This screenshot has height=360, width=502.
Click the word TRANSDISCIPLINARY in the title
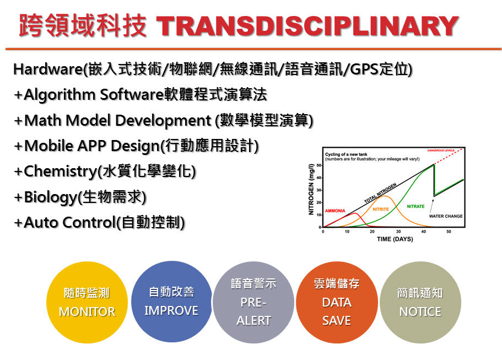(307, 26)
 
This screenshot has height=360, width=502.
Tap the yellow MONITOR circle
(87, 302)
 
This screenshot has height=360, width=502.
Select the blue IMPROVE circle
(171, 302)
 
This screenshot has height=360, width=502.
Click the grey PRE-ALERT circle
(253, 302)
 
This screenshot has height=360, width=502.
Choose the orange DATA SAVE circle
(337, 302)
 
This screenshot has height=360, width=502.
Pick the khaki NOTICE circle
(420, 302)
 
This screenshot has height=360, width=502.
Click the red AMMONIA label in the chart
(335, 211)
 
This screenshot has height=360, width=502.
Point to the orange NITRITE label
(381, 209)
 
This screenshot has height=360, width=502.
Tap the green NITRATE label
(415, 206)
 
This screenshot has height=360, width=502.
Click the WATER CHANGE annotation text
(446, 216)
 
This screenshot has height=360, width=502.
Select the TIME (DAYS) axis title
(395, 239)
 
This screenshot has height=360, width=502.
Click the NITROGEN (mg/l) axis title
(311, 189)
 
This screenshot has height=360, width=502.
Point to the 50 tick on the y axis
(319, 165)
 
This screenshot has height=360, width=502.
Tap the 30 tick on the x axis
(398, 231)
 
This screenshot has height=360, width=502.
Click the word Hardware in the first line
(48, 69)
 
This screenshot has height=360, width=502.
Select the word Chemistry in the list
(61, 171)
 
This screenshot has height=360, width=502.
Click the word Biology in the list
(51, 197)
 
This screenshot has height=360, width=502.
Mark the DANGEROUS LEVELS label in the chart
(441, 150)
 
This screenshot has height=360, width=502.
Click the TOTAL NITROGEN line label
(380, 193)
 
